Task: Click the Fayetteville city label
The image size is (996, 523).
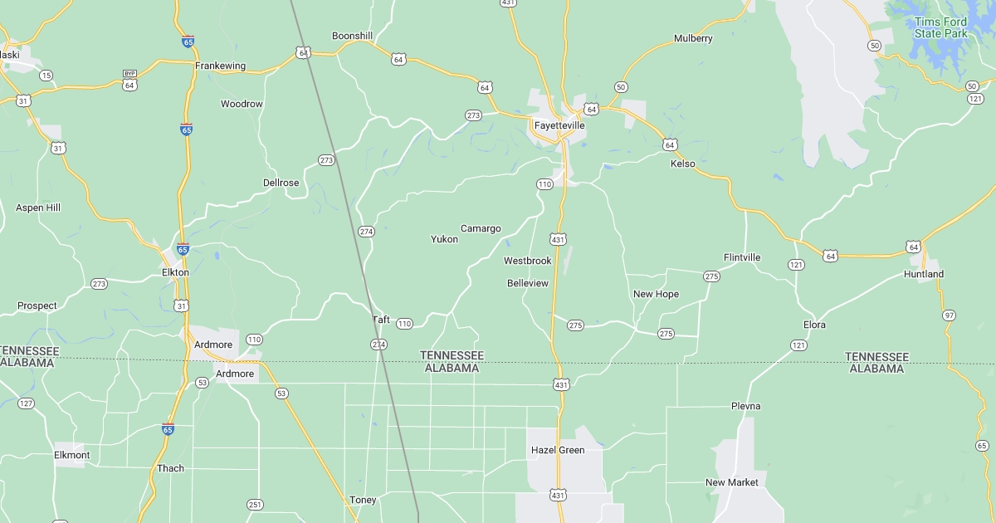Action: coord(559,125)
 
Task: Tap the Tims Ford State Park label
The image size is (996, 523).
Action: coord(940,27)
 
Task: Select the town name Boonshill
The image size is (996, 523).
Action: coord(352,36)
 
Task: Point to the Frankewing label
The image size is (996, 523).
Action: coord(220,66)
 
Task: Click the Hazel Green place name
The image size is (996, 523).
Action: coord(558,451)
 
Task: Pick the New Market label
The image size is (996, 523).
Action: coord(731,482)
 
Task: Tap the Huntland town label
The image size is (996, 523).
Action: coord(923,274)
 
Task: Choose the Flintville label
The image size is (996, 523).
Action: coord(741,257)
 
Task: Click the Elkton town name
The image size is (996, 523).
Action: coord(175,272)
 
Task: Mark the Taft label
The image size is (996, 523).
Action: coord(381,320)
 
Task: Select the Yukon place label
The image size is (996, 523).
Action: coord(444,239)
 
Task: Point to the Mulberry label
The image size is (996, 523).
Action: coord(693,38)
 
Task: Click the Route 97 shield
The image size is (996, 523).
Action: coord(949,315)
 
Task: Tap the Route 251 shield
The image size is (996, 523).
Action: coord(255,505)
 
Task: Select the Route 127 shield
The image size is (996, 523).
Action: coord(26,403)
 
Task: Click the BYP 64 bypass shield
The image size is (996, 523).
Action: coord(129,80)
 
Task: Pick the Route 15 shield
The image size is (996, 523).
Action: coord(46,76)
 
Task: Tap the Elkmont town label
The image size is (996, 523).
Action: coord(71,455)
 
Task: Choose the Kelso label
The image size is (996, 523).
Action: coord(682,164)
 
